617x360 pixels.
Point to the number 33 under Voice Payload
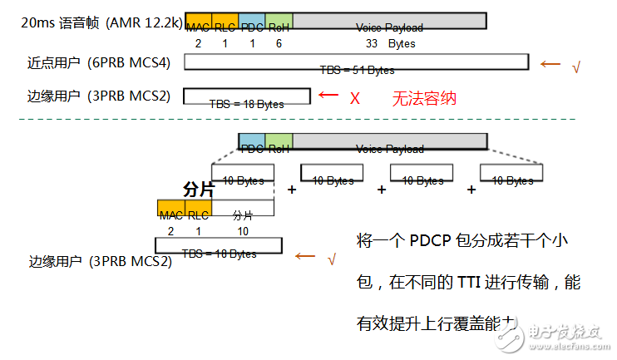[372, 43]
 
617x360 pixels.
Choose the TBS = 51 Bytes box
[356, 62]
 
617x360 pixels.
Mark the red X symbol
[354, 98]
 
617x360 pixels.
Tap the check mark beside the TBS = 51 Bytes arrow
[575, 66]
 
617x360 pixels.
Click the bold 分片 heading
[198, 190]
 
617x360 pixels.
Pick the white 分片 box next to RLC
[242, 208]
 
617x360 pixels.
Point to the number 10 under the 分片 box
[242, 230]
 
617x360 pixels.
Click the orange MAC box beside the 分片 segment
[170, 208]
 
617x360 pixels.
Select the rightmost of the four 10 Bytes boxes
[511, 172]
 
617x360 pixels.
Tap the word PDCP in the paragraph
[434, 241]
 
